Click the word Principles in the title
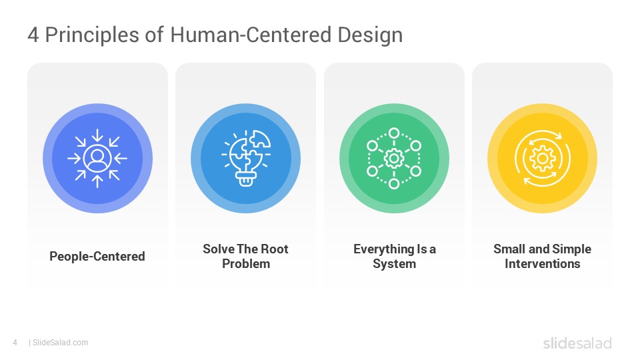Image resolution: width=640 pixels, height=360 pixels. point(92,35)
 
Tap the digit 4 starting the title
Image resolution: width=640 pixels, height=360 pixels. point(33,35)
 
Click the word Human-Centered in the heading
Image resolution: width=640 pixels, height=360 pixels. point(251,35)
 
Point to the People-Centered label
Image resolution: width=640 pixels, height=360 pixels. point(97,256)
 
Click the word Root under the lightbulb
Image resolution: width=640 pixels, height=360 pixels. point(274,249)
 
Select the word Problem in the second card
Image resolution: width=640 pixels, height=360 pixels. point(246,264)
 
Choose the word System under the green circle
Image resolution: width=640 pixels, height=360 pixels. point(394,264)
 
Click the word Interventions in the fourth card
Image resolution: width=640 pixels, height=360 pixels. point(543,264)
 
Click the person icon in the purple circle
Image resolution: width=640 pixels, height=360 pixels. point(97,158)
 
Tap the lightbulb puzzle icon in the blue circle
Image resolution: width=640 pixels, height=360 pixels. point(246,159)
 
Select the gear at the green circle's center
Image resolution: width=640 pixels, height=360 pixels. point(394,159)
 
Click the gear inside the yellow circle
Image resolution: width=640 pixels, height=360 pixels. point(543,159)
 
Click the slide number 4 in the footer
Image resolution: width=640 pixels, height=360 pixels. point(15,343)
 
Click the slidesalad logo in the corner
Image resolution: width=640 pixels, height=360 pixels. point(577,343)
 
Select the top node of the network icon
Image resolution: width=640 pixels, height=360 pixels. point(394,133)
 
